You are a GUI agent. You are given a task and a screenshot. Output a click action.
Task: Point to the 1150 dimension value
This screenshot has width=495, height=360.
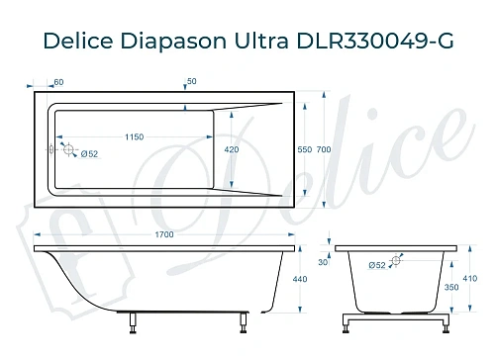click(136, 135)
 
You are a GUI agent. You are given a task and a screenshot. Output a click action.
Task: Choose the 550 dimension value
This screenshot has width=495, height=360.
click(305, 149)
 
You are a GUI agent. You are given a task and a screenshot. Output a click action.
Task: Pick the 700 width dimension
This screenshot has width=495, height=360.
click(325, 149)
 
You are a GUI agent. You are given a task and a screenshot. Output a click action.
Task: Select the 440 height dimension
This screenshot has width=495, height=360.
click(301, 280)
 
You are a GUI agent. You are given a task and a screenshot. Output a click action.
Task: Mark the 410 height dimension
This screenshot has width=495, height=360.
click(469, 280)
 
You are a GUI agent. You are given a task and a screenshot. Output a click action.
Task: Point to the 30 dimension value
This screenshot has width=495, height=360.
click(322, 262)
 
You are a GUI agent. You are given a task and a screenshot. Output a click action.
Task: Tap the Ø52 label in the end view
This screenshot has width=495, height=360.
click(377, 265)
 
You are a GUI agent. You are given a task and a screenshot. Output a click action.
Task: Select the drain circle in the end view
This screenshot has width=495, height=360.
click(396, 262)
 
